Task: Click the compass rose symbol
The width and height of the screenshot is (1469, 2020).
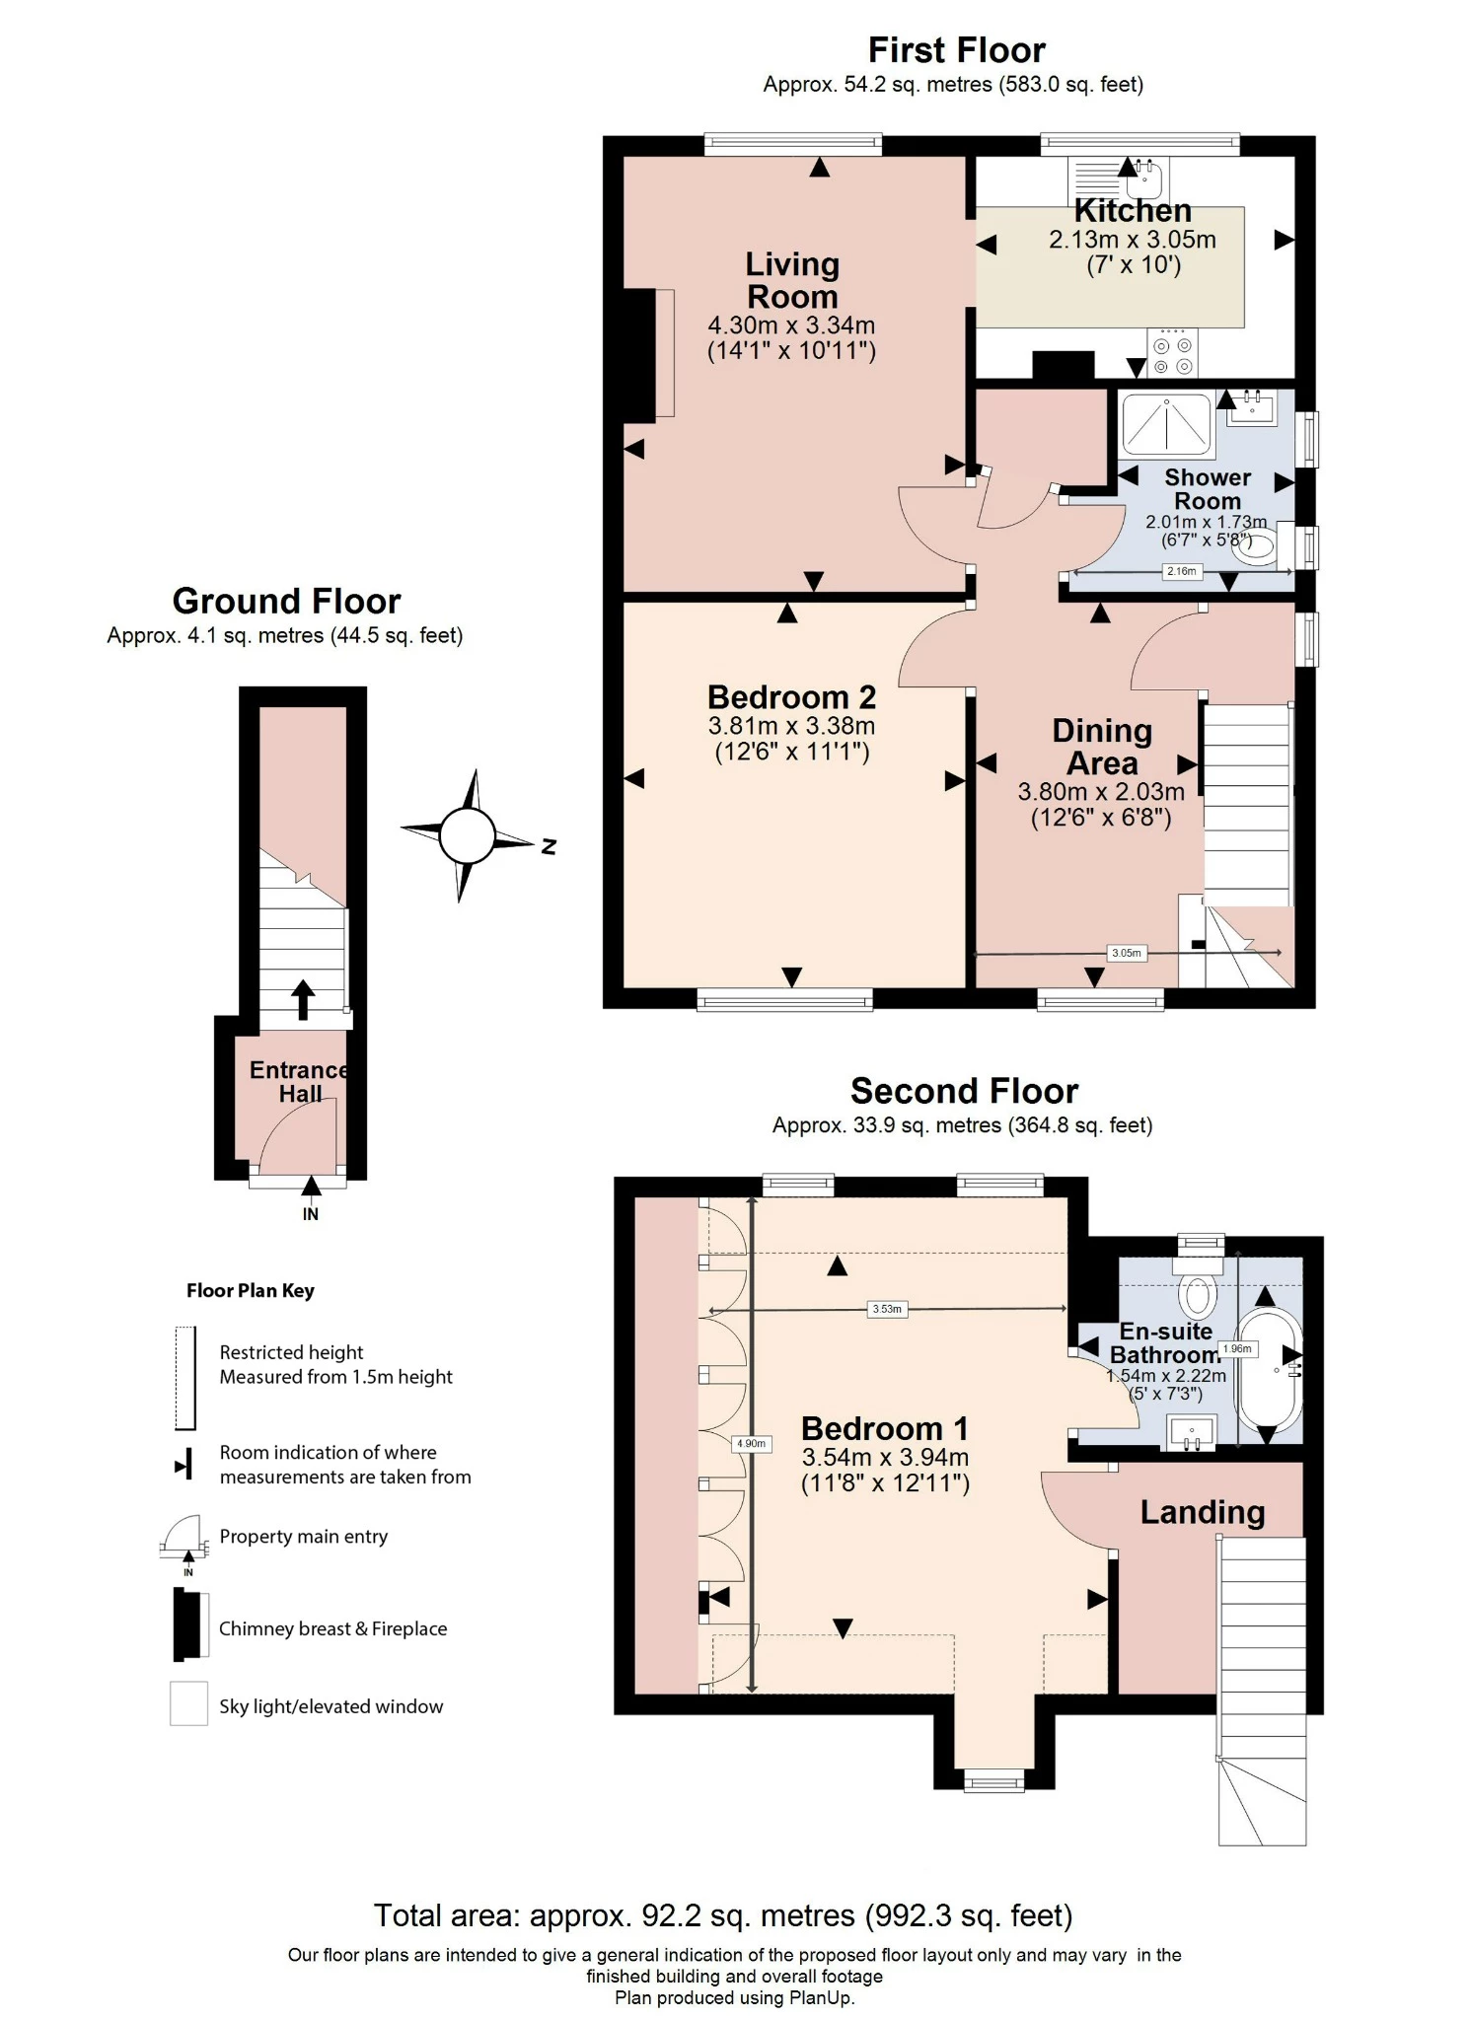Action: click(x=467, y=835)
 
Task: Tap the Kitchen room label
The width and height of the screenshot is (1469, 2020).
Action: click(x=1132, y=211)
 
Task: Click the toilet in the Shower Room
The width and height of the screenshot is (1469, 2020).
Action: click(x=1257, y=546)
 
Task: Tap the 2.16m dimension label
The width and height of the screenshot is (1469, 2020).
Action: click(x=1181, y=571)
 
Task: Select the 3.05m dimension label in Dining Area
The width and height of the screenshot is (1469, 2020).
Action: click(x=1126, y=953)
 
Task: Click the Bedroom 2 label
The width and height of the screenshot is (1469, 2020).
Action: click(x=791, y=697)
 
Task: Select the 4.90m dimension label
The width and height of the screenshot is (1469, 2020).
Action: click(x=751, y=1444)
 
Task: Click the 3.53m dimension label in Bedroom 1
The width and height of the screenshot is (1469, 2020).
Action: click(x=886, y=1309)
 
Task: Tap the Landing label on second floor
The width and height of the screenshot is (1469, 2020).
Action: click(x=1202, y=1513)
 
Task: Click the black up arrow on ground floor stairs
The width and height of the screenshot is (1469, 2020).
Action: click(x=303, y=999)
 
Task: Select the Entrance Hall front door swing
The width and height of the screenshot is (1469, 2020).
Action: click(x=298, y=1134)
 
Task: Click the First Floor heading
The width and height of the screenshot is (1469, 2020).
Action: click(x=955, y=49)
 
